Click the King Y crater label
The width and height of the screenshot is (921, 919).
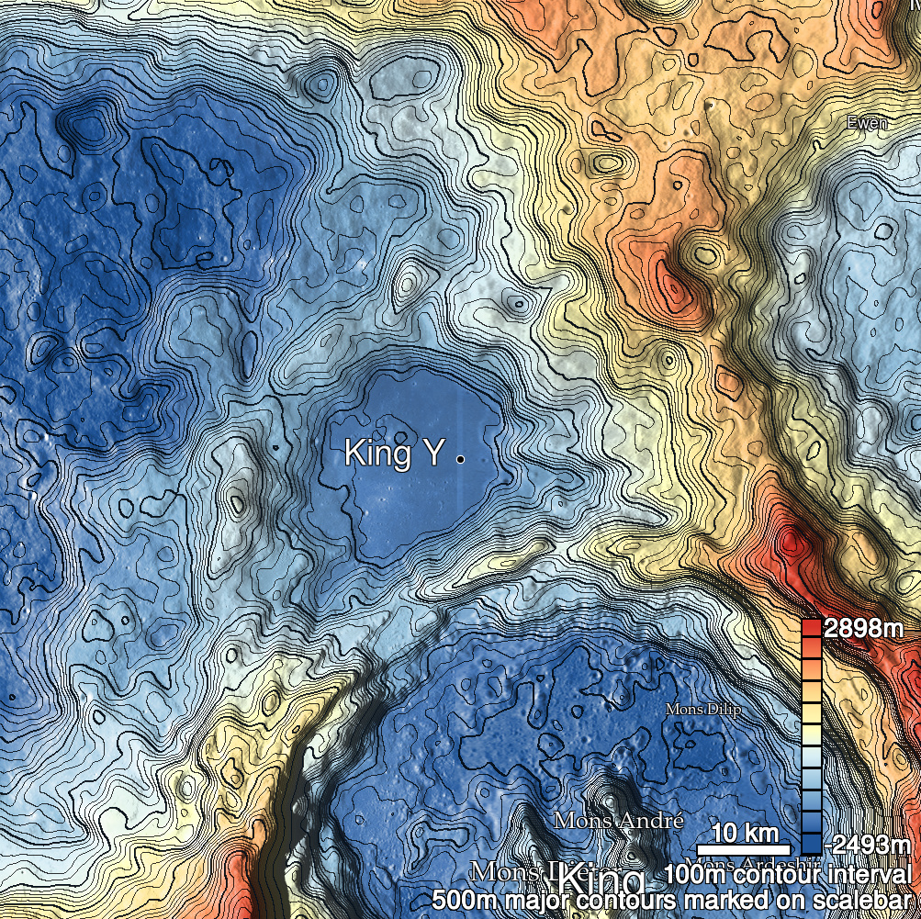(x=394, y=453)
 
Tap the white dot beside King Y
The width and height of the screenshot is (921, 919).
(x=459, y=456)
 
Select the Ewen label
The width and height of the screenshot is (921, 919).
(x=867, y=123)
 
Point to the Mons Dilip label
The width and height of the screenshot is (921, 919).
(x=702, y=711)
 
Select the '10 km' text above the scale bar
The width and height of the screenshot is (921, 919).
(x=745, y=834)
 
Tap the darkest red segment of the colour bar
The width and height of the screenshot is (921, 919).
(x=811, y=630)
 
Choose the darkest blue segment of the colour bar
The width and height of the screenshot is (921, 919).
(x=811, y=843)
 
